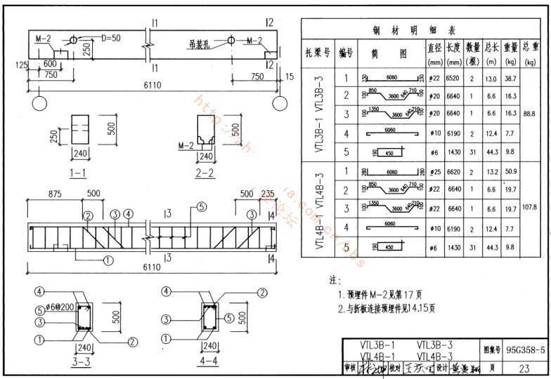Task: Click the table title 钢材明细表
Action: (x=415, y=30)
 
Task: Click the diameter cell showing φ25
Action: (x=434, y=170)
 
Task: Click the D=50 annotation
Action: (x=112, y=36)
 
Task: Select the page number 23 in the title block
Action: (x=524, y=367)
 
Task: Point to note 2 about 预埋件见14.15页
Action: (x=387, y=307)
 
